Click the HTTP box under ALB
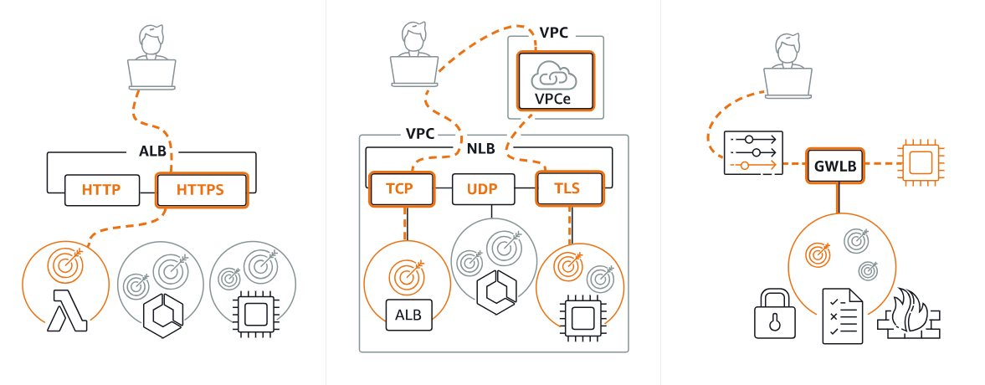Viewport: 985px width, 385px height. [100, 190]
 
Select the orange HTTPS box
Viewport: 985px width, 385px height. [201, 190]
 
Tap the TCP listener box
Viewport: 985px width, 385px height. [400, 189]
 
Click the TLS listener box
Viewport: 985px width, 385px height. [569, 189]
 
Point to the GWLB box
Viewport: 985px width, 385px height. [834, 166]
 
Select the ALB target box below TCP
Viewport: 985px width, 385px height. [408, 315]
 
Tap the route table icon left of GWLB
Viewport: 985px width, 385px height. [752, 152]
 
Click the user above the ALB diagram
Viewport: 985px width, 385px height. [152, 59]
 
